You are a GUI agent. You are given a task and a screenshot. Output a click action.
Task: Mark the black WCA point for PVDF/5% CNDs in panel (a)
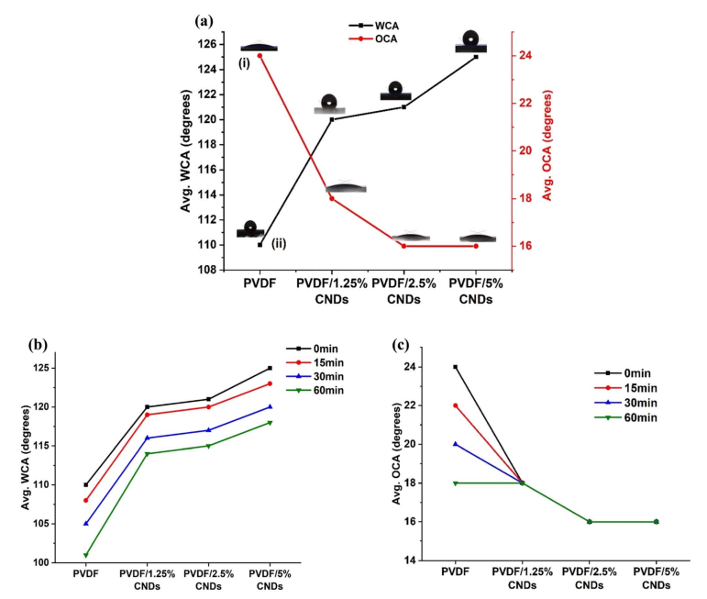point(476,57)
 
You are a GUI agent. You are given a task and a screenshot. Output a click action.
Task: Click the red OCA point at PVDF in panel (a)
point(260,56)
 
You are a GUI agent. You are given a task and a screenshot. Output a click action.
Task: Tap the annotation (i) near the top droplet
point(245,63)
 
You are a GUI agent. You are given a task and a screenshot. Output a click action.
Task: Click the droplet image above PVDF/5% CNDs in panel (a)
point(470,41)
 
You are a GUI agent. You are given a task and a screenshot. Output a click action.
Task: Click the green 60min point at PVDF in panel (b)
point(86,555)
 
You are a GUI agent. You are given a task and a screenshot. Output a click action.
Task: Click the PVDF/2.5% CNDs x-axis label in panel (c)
point(589,578)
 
